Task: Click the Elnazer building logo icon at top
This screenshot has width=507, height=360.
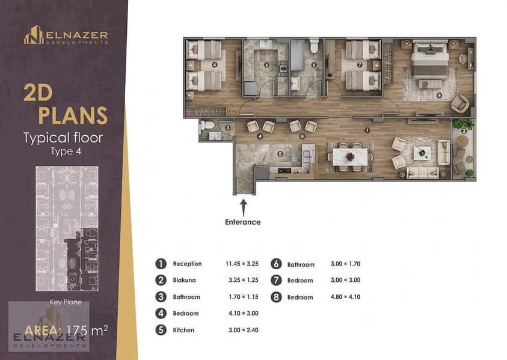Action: (34, 35)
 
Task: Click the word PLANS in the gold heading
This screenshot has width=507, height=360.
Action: (73, 115)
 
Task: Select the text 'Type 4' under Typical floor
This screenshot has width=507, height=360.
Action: (66, 151)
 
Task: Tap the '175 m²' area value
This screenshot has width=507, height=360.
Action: (87, 331)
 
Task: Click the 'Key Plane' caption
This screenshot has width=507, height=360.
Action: (66, 302)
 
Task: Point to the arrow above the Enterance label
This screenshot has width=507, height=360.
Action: (244, 207)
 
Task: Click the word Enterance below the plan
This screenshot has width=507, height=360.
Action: (243, 222)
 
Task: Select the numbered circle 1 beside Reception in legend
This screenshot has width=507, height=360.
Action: (161, 264)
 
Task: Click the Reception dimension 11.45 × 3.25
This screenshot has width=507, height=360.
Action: (242, 264)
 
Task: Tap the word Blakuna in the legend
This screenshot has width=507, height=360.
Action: (184, 280)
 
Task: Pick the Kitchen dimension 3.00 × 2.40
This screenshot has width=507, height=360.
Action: (244, 330)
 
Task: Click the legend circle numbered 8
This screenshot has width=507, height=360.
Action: (276, 297)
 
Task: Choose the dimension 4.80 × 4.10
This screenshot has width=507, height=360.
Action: (345, 297)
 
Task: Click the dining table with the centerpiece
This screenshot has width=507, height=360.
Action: (350, 157)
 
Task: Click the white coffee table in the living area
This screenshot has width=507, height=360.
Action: (422, 153)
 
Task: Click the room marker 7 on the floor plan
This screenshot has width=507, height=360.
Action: (359, 65)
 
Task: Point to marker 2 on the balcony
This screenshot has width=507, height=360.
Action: (464, 131)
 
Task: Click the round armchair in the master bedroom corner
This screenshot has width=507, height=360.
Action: (460, 103)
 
